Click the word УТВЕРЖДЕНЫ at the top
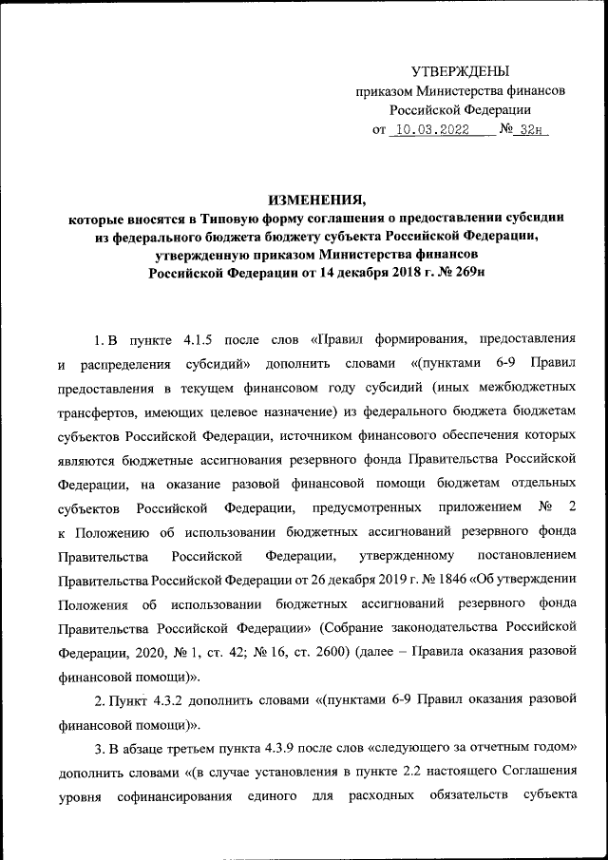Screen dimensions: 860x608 (460, 71)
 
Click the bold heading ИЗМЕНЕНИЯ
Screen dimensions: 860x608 (316, 199)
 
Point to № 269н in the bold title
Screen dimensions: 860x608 (463, 273)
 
